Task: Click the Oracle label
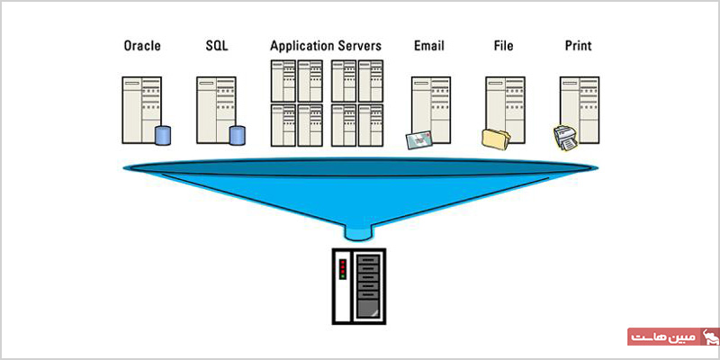point(142,46)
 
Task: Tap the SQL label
point(217,46)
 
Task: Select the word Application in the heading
point(302,47)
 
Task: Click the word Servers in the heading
point(359,46)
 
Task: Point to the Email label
point(429,46)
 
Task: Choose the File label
point(504,46)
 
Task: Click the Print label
point(578,46)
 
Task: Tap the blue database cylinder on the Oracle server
point(163,136)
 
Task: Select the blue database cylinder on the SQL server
point(237,136)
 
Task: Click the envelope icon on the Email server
point(419,139)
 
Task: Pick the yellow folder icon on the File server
point(496,139)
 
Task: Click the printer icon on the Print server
point(566,138)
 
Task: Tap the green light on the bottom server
point(343,277)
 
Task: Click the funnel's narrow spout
point(358,232)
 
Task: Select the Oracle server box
point(142,110)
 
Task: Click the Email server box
point(431,110)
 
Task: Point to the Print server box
point(580,110)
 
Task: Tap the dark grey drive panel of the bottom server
point(367,287)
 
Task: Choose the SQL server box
point(216,110)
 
